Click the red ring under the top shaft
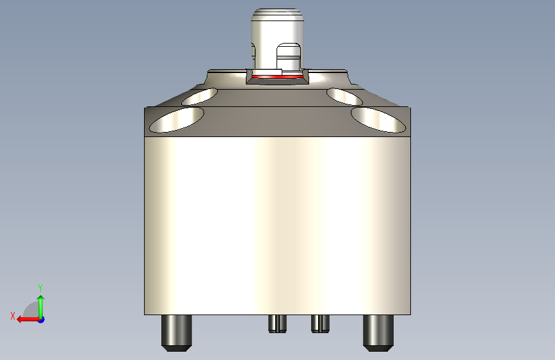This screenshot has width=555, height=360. [x=278, y=76]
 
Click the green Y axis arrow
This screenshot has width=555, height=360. [x=41, y=307]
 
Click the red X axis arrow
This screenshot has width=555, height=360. [x=28, y=320]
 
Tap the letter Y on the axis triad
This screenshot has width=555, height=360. [x=40, y=288]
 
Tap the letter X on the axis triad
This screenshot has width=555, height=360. [x=13, y=316]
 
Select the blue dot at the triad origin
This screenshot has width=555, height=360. [x=42, y=320]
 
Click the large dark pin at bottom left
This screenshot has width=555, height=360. [x=177, y=333]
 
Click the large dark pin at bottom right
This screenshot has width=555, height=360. [x=378, y=333]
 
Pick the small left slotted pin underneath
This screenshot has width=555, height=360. [x=278, y=324]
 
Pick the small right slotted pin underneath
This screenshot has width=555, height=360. [x=320, y=324]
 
